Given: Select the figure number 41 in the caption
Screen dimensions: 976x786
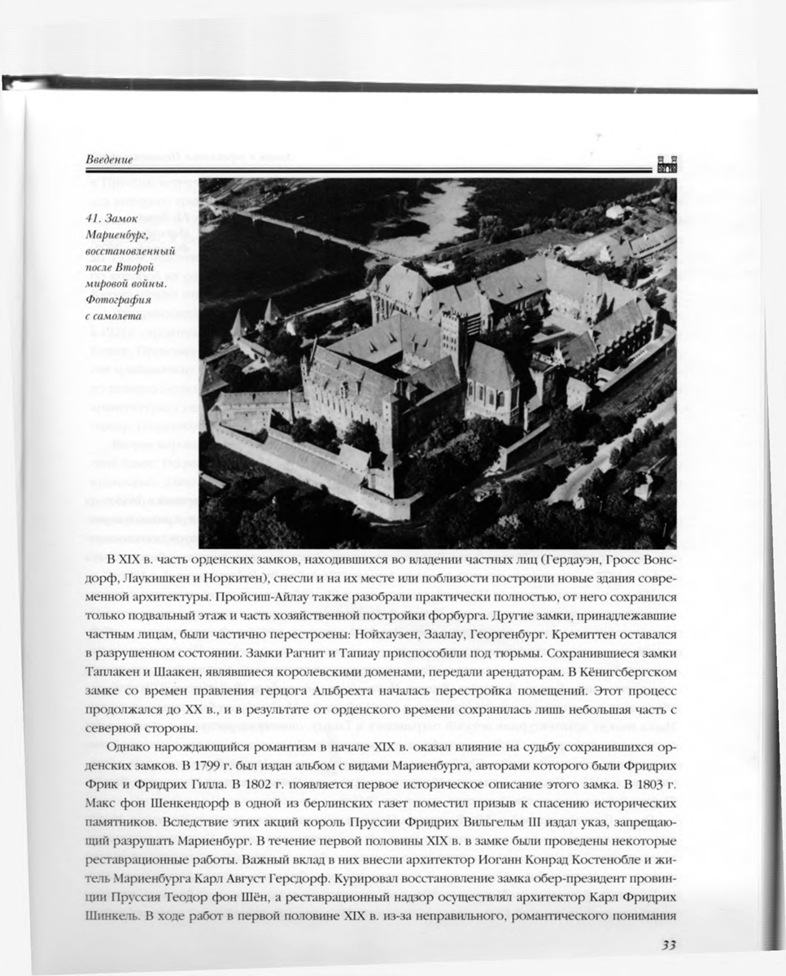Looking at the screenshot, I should [92, 219].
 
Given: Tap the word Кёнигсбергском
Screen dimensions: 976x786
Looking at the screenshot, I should [619, 673].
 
